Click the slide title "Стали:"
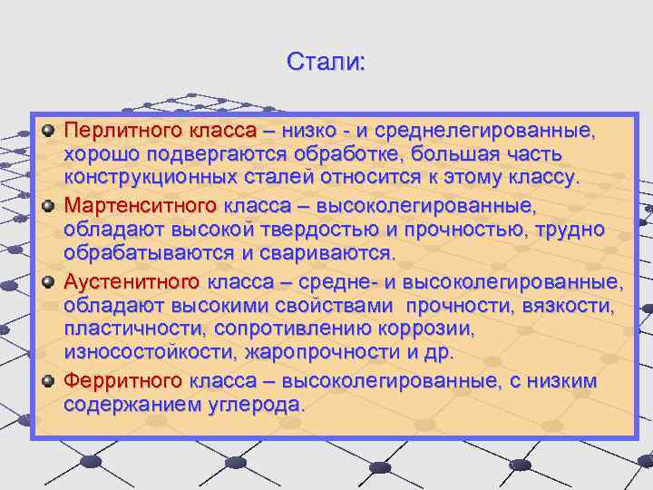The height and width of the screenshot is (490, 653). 326,63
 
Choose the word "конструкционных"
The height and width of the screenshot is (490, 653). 142,179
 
